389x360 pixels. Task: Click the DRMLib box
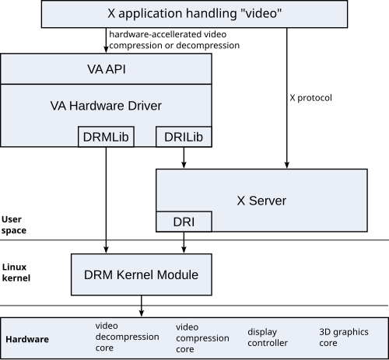(x=106, y=137)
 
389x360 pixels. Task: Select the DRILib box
(x=184, y=137)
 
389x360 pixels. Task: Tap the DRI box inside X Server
(x=184, y=222)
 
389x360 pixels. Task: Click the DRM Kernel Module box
(x=142, y=274)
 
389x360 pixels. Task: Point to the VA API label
(x=107, y=69)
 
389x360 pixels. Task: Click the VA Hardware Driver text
(x=106, y=106)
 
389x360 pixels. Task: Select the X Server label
(x=261, y=201)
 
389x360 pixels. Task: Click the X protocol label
(x=310, y=98)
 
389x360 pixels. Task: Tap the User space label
(x=14, y=225)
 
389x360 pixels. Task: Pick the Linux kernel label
(x=16, y=272)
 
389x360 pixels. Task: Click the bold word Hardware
(x=27, y=339)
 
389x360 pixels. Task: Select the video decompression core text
(x=127, y=337)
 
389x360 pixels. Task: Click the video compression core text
(x=202, y=338)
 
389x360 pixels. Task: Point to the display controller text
(x=268, y=337)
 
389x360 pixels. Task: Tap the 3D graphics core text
(x=344, y=337)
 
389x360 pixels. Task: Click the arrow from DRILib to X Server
(x=184, y=158)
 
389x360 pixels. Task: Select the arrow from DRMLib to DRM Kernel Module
(x=106, y=200)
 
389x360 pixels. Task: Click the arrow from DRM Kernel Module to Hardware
(x=142, y=306)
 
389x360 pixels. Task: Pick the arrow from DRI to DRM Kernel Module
(x=184, y=243)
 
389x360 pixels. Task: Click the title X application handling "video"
(x=194, y=13)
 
